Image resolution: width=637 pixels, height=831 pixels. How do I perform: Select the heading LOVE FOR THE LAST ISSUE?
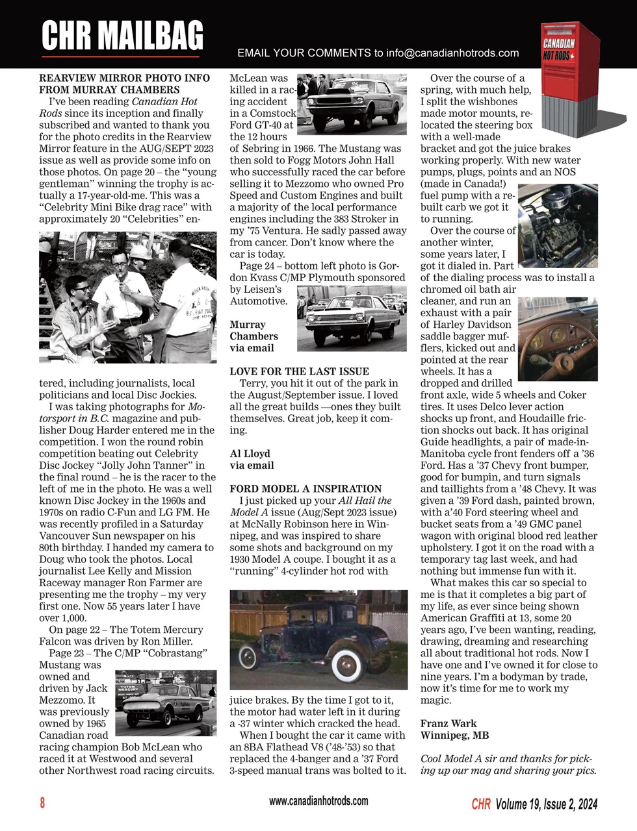click(299, 371)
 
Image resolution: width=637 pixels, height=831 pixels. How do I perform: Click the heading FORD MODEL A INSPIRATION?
click(305, 489)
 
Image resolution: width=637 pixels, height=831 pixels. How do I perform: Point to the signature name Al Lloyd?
click(250, 454)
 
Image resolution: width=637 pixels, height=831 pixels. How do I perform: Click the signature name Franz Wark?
click(448, 724)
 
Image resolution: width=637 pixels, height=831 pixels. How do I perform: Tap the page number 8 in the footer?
click(43, 803)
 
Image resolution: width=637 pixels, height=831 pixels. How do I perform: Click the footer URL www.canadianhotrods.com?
click(318, 801)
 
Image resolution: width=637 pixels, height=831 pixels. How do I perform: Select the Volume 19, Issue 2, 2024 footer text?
click(545, 804)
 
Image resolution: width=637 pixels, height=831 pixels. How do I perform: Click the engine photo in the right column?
click(557, 225)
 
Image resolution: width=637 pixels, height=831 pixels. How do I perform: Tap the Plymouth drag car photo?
click(351, 318)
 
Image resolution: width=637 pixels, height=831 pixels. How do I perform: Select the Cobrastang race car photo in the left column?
click(166, 703)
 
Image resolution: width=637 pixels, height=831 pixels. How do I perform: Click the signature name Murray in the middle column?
click(247, 325)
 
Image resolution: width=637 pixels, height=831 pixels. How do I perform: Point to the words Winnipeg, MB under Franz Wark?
click(454, 736)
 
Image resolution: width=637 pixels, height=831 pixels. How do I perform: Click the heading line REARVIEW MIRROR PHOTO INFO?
click(124, 78)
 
